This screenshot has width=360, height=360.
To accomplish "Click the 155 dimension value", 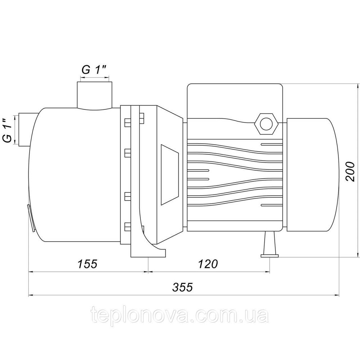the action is [88, 264].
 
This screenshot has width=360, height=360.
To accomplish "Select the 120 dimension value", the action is [208, 264].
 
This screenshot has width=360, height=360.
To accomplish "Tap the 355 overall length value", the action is [183, 287].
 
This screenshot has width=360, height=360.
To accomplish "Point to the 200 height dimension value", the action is [350, 171].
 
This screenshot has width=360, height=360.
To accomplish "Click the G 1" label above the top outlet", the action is [94, 70].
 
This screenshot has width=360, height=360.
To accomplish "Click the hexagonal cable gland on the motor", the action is [266, 124].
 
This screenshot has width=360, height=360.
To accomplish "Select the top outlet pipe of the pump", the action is [94, 95].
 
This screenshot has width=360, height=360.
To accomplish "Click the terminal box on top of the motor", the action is [235, 101].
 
